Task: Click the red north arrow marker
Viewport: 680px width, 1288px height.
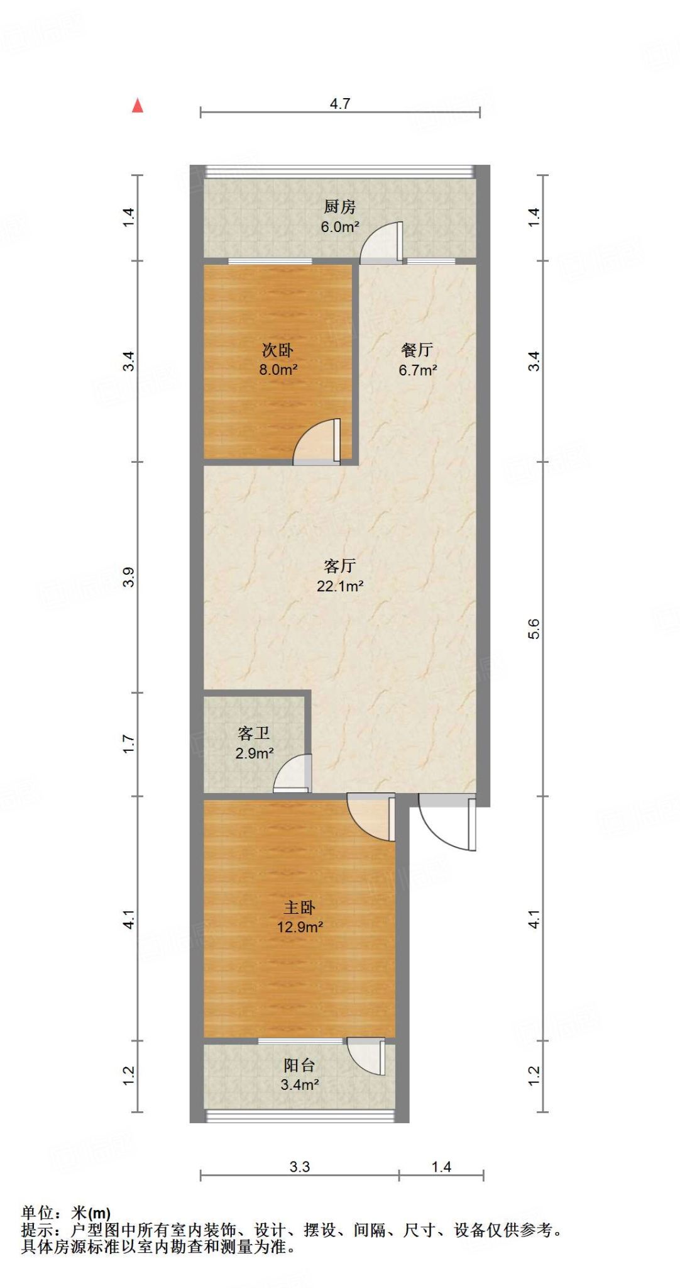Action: (138, 106)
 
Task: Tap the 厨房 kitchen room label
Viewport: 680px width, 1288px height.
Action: (339, 206)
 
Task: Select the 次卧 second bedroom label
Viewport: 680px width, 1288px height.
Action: (278, 350)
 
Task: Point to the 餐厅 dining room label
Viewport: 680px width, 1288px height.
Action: (417, 350)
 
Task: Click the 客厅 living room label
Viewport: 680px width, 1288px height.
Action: (340, 565)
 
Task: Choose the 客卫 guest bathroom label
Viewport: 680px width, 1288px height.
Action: (254, 733)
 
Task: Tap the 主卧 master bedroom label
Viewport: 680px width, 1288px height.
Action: (300, 907)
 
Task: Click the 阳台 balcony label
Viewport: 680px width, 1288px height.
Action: (299, 1065)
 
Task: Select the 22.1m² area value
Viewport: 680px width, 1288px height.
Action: (340, 586)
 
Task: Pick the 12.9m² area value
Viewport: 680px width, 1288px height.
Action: (300, 927)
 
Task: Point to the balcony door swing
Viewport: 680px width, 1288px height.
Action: (366, 1056)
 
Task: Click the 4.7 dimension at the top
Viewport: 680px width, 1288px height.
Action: (340, 104)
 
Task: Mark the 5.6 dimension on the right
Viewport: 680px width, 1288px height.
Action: (534, 629)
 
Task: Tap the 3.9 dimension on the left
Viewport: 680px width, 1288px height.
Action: (128, 577)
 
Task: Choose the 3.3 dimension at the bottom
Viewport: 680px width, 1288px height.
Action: (300, 1167)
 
